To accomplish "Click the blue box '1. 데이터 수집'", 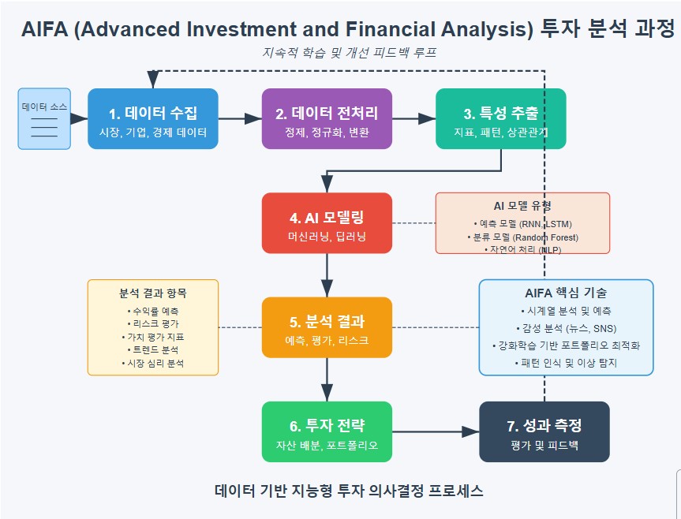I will pos(153,118).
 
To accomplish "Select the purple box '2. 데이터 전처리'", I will pos(327,118).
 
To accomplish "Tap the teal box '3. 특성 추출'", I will pos(501,118).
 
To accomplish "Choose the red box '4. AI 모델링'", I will pos(327,223).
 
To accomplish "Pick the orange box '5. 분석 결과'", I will pos(327,327).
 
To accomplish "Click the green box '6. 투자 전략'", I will pos(327,431).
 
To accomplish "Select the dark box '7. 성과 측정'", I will pos(544,431).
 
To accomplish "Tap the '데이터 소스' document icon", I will pos(44,118).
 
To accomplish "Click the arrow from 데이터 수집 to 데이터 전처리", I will pos(240,118).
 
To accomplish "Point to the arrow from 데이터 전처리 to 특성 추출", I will pos(414,118).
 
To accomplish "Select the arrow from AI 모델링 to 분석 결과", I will pos(327,275).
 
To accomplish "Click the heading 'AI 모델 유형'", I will pos(522,206).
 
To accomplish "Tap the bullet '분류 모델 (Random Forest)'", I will pos(522,237).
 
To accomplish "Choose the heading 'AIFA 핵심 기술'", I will pos(566,293).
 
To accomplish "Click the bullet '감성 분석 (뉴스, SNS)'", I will pos(566,328).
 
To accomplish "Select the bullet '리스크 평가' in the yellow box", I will pos(153,324).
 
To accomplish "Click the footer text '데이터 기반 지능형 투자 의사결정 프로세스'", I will pos(349,491).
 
